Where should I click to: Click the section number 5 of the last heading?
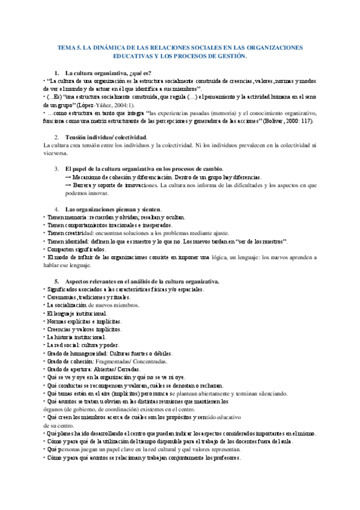[x=56, y=281]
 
